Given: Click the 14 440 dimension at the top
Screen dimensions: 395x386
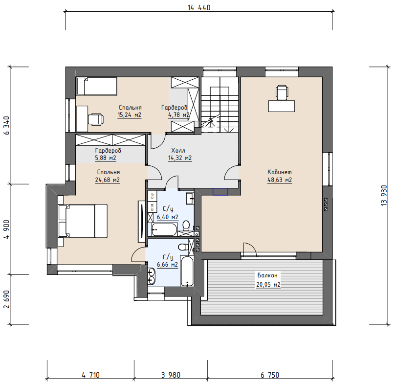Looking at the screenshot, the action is (199, 7).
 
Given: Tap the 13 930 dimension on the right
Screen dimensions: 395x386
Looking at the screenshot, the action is (384, 195).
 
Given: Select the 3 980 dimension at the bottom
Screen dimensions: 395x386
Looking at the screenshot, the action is (171, 375).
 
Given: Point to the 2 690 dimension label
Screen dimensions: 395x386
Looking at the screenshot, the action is (6, 299).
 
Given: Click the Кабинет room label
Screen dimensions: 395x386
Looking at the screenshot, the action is (280, 172).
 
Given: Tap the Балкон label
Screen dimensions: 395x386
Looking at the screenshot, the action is (267, 275).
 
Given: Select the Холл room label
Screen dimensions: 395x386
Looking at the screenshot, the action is (178, 151).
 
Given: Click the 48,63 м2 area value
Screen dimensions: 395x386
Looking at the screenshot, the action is (280, 180).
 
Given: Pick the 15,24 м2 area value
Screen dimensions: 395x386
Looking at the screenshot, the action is (130, 115).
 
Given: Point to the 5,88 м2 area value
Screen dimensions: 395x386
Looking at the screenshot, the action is (106, 158).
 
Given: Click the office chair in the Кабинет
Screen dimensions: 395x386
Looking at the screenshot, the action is (282, 92).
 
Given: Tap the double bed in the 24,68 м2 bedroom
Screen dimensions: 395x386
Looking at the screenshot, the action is (83, 221).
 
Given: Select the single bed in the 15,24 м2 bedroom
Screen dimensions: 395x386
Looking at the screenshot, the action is (96, 86).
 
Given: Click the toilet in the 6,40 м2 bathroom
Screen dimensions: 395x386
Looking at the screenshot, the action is (186, 225).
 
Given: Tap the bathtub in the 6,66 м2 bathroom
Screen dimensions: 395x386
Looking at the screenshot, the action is (187, 272).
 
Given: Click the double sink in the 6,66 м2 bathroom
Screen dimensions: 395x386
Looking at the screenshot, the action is (152, 276).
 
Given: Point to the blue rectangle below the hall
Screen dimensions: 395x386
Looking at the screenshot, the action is (220, 192).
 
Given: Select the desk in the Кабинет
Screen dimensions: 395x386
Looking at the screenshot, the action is (282, 106).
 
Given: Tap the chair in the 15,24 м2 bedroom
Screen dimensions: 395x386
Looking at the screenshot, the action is (96, 119).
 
